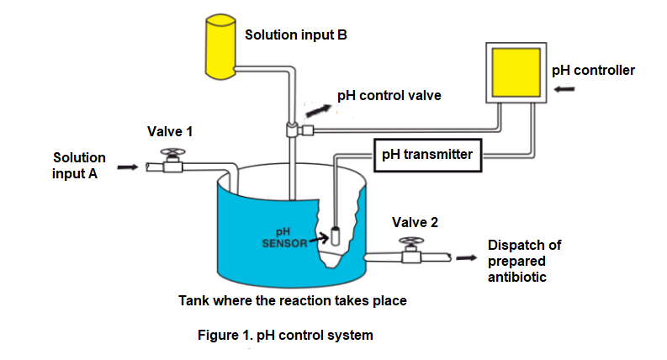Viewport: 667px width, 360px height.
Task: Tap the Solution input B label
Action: point(296,35)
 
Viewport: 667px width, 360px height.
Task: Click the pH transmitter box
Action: point(427,155)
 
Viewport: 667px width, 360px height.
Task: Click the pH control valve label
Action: point(389,96)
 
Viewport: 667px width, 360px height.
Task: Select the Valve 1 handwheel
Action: point(173,155)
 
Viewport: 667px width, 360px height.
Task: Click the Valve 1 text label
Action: point(170,132)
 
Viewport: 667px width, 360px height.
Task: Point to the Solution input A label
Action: point(79,166)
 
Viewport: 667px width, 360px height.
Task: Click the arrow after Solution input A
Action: point(126,167)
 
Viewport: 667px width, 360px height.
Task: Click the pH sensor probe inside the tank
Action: point(334,236)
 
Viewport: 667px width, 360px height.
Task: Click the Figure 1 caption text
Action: point(284,335)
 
